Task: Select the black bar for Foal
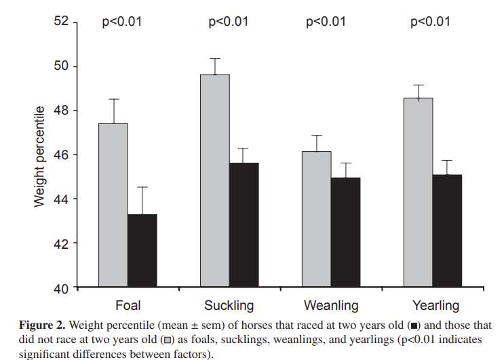click(142, 250)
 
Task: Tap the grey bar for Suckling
click(214, 180)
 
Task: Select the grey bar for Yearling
click(418, 193)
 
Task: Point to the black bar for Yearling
click(447, 231)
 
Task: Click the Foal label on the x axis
click(128, 305)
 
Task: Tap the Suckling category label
click(229, 305)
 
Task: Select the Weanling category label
click(331, 305)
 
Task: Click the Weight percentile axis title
click(40, 156)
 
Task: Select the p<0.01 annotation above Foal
click(122, 22)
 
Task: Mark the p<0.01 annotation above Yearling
click(430, 22)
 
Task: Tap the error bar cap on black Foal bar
click(142, 187)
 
